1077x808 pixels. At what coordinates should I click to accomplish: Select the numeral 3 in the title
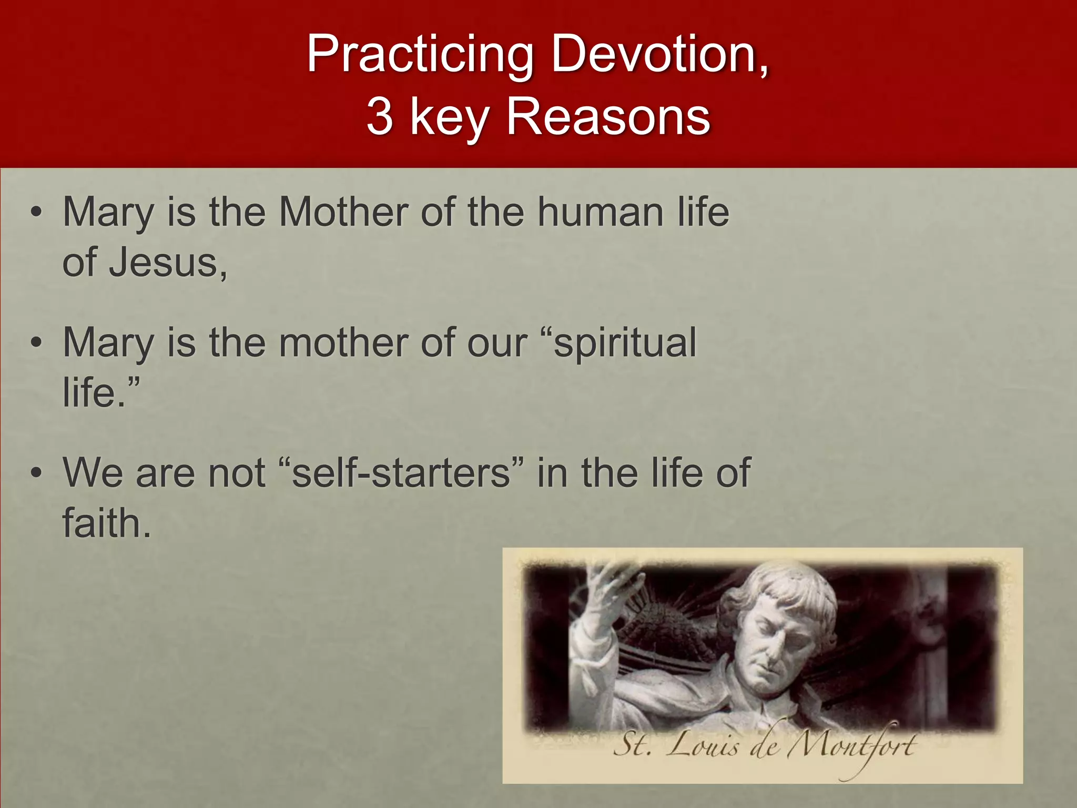(x=380, y=117)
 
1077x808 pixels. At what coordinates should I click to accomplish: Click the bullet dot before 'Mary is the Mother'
(x=36, y=213)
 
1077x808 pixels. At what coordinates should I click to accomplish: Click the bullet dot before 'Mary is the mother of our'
(x=36, y=344)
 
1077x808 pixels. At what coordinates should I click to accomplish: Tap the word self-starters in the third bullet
(x=401, y=472)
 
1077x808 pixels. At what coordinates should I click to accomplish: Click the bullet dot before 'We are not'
(x=36, y=473)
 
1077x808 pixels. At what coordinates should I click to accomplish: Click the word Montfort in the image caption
(x=852, y=746)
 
